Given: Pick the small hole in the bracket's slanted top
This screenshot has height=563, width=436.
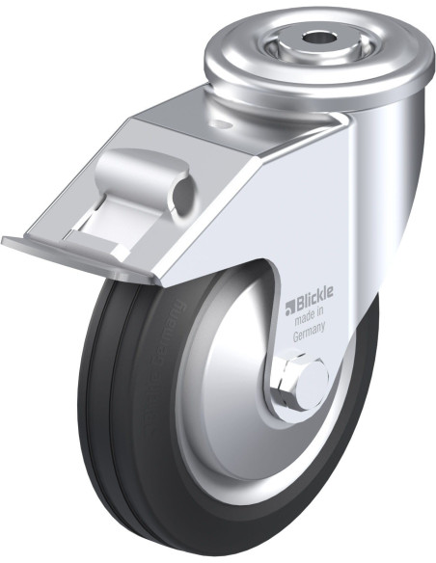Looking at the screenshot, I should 221,124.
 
